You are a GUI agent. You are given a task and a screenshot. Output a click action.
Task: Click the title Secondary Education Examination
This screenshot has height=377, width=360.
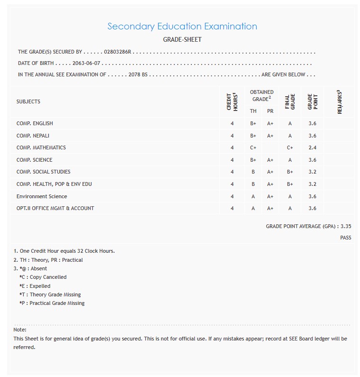click(182, 27)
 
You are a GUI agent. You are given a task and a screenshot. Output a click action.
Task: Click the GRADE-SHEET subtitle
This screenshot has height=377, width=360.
click(182, 40)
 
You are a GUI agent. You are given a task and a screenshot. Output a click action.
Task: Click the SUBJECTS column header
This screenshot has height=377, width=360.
click(28, 101)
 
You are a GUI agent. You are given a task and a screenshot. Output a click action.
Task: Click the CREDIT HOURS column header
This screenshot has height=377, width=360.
click(232, 101)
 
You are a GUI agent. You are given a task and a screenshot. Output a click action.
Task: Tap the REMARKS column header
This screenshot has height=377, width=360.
click(340, 101)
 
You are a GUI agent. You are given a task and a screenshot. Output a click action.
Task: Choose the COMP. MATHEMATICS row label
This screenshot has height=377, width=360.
click(41, 147)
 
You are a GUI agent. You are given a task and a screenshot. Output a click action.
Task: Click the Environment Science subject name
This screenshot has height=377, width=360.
click(42, 196)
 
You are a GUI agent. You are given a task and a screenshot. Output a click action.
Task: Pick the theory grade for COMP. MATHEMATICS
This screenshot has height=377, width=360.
click(253, 148)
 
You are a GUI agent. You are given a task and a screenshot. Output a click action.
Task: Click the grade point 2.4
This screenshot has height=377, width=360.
click(312, 148)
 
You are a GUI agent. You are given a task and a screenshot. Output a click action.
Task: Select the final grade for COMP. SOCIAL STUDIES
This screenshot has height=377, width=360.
click(290, 172)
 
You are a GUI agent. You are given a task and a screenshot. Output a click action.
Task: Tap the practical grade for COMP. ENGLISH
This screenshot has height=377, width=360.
click(270, 123)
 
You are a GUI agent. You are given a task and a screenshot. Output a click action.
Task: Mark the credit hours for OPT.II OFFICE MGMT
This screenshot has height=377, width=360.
click(232, 208)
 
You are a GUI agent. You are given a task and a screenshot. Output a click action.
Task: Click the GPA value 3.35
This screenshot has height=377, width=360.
click(346, 227)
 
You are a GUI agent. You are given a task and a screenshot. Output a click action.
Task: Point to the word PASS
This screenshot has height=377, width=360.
click(345, 238)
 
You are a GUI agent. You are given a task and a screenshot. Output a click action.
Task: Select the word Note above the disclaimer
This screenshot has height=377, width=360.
click(20, 330)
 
